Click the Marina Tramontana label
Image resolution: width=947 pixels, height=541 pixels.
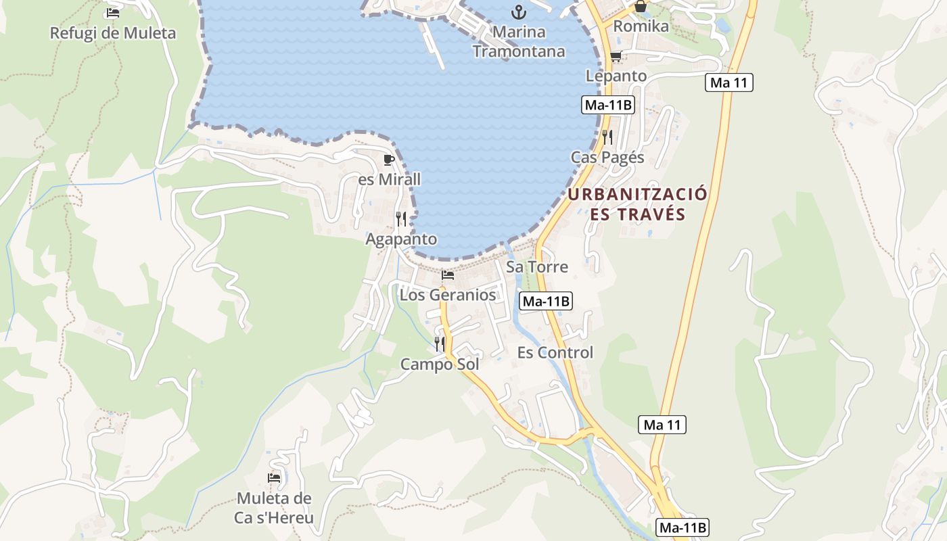[x=519, y=41]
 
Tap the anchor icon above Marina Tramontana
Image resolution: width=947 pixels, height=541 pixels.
[x=519, y=11]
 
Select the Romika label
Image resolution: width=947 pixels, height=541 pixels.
[x=641, y=26]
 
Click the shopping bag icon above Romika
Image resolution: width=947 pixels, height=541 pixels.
[x=641, y=7]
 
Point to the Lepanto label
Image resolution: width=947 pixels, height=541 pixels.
[x=616, y=76]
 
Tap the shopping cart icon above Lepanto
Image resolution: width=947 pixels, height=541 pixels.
[x=616, y=56]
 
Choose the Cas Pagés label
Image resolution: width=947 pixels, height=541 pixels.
[x=607, y=158]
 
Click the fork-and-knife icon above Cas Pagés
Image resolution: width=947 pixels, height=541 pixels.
[x=607, y=137]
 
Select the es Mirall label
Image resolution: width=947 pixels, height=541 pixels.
[x=389, y=179]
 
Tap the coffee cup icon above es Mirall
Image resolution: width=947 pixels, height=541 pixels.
[x=388, y=160]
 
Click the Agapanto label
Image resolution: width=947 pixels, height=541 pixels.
[x=401, y=239]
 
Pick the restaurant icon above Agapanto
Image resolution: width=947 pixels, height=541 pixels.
[x=401, y=218]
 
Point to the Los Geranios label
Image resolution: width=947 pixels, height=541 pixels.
[x=448, y=295]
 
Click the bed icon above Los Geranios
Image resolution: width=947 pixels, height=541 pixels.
[x=448, y=275]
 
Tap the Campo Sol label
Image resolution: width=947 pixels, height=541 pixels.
[x=440, y=364]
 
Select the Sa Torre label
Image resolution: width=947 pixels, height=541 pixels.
[x=537, y=266]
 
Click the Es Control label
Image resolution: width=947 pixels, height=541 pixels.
[x=555, y=352]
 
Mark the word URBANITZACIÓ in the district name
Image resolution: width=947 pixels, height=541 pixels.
[x=637, y=195]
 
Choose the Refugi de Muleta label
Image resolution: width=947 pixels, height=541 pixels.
[x=113, y=32]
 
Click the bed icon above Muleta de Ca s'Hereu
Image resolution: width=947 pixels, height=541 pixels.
[x=274, y=478]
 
